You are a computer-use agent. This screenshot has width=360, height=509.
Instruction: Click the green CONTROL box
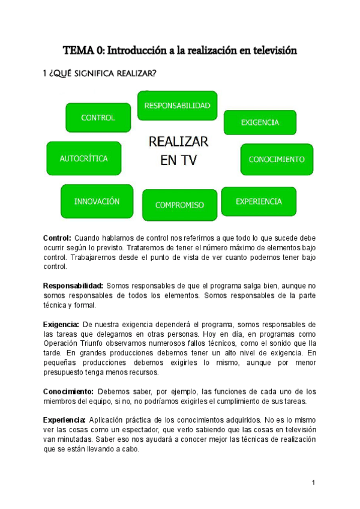[98, 118]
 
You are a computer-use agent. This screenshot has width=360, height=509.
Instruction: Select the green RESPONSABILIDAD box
[177, 106]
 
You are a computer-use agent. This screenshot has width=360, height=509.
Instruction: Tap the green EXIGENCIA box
[260, 122]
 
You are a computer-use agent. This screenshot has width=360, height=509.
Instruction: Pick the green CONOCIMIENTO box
[277, 160]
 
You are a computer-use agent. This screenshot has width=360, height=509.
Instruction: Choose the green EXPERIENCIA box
[259, 202]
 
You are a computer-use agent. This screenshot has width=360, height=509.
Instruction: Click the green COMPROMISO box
[179, 205]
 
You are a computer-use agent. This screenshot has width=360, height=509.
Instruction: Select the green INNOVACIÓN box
[97, 202]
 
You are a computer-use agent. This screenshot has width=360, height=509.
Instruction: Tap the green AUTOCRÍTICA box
[83, 159]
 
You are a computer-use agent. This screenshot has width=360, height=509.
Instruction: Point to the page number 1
[313, 483]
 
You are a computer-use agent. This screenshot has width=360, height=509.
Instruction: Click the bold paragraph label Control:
[58, 238]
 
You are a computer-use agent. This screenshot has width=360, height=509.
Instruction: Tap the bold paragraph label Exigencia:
[61, 324]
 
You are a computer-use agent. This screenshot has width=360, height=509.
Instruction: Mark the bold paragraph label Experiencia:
[66, 419]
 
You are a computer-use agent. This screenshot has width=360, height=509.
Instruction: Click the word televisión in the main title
[273, 50]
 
